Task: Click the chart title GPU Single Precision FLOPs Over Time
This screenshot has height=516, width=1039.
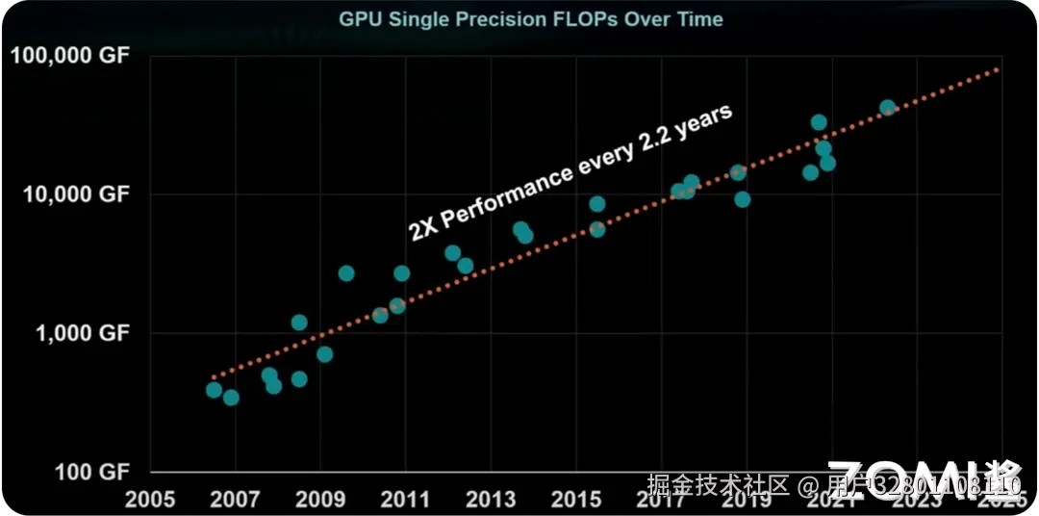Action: point(530,19)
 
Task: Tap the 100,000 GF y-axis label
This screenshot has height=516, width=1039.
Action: point(69,56)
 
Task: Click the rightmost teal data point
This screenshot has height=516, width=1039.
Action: point(888,108)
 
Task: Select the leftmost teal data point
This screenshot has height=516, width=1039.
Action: point(214,390)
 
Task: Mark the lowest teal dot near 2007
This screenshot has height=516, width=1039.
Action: point(231,398)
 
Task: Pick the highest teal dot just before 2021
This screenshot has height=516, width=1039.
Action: point(819,122)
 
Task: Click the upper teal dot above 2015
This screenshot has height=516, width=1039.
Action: point(597,204)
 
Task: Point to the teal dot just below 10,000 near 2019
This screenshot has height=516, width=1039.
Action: point(743,199)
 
